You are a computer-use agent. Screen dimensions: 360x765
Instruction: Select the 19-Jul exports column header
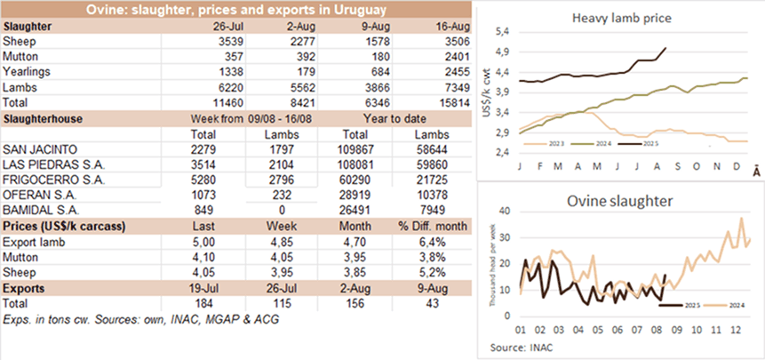[217, 290]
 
